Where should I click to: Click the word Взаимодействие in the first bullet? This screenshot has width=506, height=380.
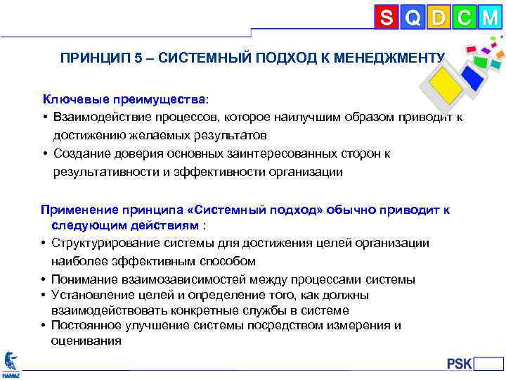103,117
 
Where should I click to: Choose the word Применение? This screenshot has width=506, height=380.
82,209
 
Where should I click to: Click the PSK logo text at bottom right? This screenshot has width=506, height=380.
460,364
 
